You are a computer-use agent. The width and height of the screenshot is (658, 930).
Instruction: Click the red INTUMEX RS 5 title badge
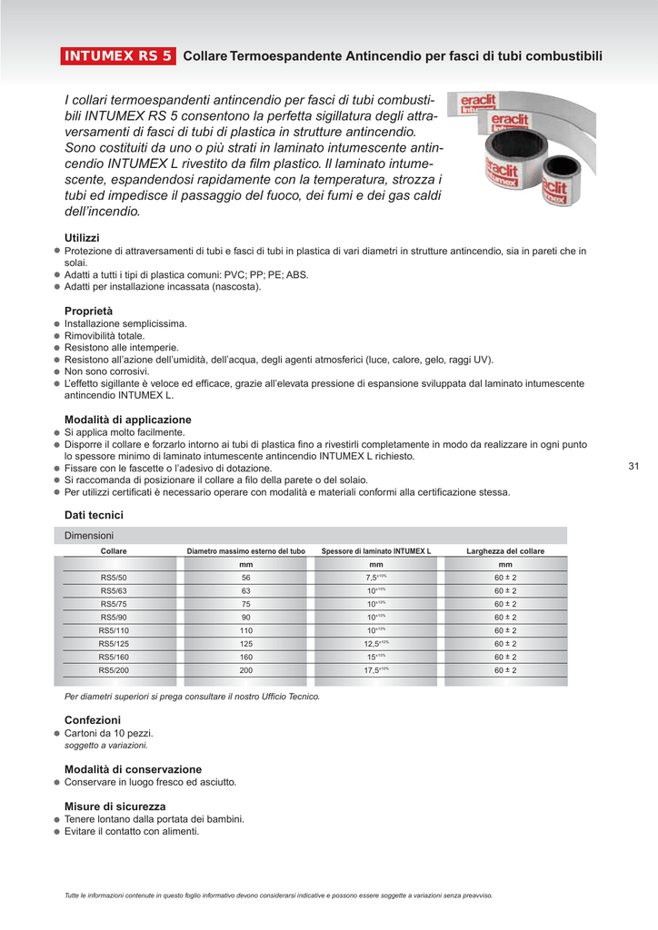(x=117, y=56)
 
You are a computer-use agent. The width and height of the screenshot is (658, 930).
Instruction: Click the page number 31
(x=633, y=467)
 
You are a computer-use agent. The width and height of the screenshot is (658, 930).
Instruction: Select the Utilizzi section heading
(x=82, y=238)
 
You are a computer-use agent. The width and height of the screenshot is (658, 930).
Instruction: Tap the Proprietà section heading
(x=88, y=311)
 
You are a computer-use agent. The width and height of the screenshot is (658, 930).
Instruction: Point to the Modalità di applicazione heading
(x=127, y=420)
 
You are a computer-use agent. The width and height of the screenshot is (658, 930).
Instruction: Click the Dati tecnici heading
(x=94, y=515)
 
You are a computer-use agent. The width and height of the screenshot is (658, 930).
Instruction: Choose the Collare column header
(x=114, y=551)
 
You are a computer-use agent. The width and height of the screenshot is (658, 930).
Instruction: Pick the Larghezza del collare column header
(x=505, y=551)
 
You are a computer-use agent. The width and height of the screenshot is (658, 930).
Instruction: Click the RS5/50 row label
(x=114, y=578)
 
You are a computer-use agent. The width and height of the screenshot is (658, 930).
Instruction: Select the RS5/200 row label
(x=114, y=670)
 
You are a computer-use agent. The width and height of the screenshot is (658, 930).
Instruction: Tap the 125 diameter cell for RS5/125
(x=245, y=644)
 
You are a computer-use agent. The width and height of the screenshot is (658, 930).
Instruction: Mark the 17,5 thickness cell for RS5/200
(x=375, y=670)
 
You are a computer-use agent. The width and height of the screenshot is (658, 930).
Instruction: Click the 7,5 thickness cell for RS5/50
(x=375, y=578)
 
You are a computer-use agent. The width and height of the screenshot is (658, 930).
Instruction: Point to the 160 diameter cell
(x=245, y=657)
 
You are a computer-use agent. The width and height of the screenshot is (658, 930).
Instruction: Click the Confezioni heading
(x=92, y=719)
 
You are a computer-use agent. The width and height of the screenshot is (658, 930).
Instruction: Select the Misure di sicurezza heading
(x=115, y=806)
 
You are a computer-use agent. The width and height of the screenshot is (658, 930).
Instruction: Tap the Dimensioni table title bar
(x=314, y=536)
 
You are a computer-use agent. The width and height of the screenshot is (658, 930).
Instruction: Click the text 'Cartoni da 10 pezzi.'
(x=108, y=733)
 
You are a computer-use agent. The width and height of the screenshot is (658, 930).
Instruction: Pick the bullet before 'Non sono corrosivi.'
(x=56, y=371)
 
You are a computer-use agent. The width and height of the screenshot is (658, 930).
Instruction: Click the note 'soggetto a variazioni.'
(x=105, y=746)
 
